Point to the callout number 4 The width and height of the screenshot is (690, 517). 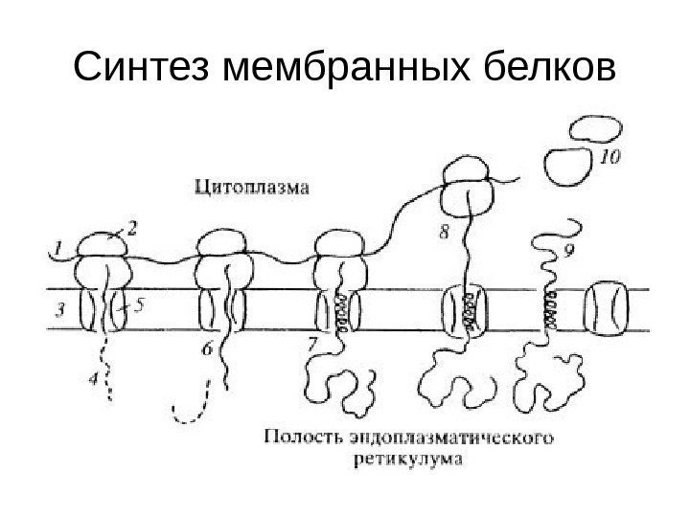coord(93,380)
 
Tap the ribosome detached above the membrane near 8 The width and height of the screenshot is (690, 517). coord(467,189)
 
